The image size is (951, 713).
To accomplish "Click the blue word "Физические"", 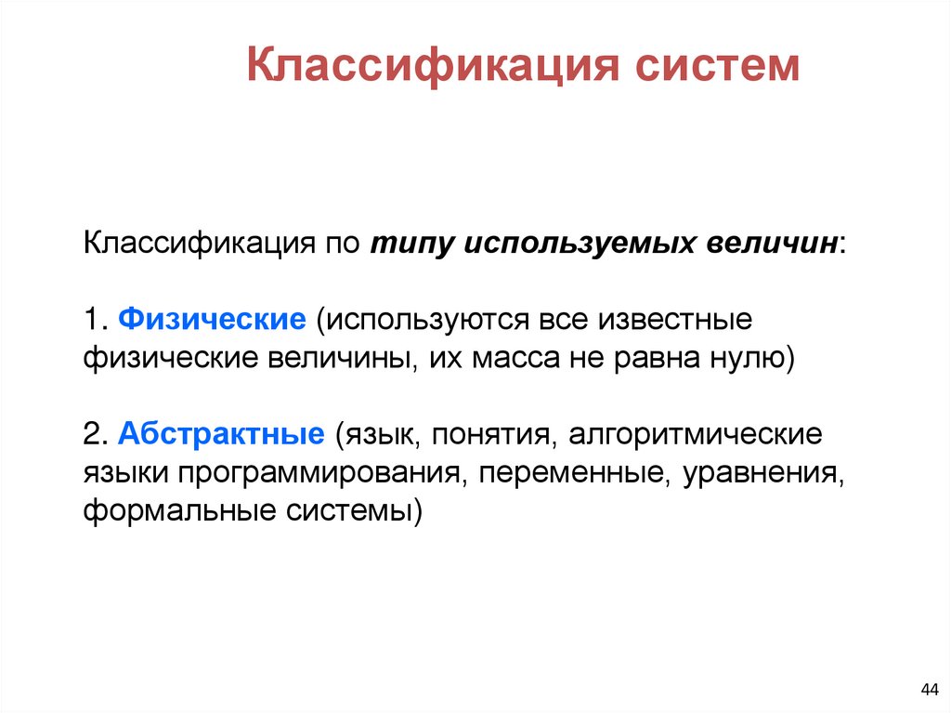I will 213,319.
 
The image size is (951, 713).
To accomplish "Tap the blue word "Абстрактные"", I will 221,435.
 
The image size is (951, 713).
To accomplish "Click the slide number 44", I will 928,688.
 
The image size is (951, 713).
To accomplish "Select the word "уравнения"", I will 762,474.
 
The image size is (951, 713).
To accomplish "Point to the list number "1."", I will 97,319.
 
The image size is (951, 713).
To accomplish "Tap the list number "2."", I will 97,435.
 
